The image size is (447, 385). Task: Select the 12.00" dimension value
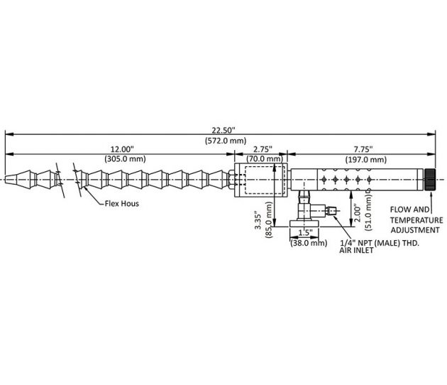(121, 149)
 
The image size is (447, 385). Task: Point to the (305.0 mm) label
(121, 159)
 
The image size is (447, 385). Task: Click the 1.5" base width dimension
(305, 232)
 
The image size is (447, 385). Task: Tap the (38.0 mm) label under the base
(308, 242)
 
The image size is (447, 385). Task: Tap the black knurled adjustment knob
(430, 179)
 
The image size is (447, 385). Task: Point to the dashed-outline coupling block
(262, 180)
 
